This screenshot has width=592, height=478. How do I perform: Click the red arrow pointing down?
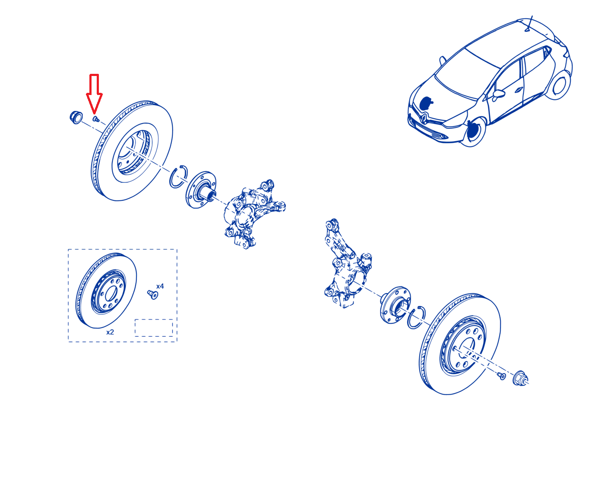(x=94, y=93)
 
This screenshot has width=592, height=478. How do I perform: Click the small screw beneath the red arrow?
(x=95, y=119)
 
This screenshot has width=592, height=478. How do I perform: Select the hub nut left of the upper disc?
(x=76, y=117)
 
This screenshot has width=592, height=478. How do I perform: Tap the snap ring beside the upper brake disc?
(x=178, y=176)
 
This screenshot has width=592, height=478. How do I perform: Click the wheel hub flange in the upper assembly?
(x=201, y=190)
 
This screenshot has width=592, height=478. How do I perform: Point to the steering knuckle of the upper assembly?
(x=252, y=214)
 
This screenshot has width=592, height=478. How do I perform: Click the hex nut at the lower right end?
(x=520, y=378)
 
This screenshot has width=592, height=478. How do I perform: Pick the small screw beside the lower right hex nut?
(x=501, y=376)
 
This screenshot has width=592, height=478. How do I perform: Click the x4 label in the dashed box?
(x=160, y=286)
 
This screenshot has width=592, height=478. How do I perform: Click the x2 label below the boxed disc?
(x=110, y=332)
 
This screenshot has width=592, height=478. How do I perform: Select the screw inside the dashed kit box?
(x=152, y=294)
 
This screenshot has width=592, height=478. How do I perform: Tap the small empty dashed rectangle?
(x=154, y=328)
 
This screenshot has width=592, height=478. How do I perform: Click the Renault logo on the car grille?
(x=424, y=117)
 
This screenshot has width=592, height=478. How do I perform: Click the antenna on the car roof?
(x=529, y=24)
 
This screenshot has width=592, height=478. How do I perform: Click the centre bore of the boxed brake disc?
(x=111, y=293)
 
